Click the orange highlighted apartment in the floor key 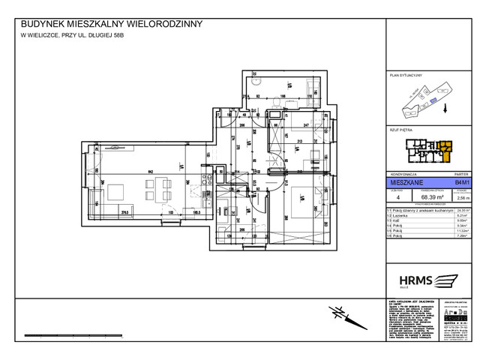(445, 148)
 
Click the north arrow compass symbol (342, 313)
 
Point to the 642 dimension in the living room (151, 172)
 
